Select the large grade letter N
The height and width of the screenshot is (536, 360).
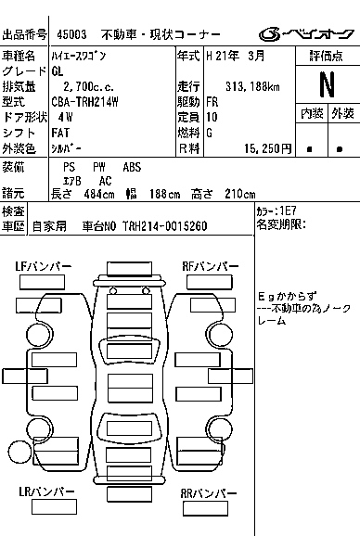coord(326,84)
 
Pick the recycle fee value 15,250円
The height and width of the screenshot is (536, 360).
coord(264,147)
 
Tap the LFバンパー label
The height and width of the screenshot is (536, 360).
coord(43,266)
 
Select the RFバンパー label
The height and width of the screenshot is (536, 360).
coord(207,266)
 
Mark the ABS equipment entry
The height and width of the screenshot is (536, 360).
coord(132,167)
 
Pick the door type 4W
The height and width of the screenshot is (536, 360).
coord(64,117)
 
